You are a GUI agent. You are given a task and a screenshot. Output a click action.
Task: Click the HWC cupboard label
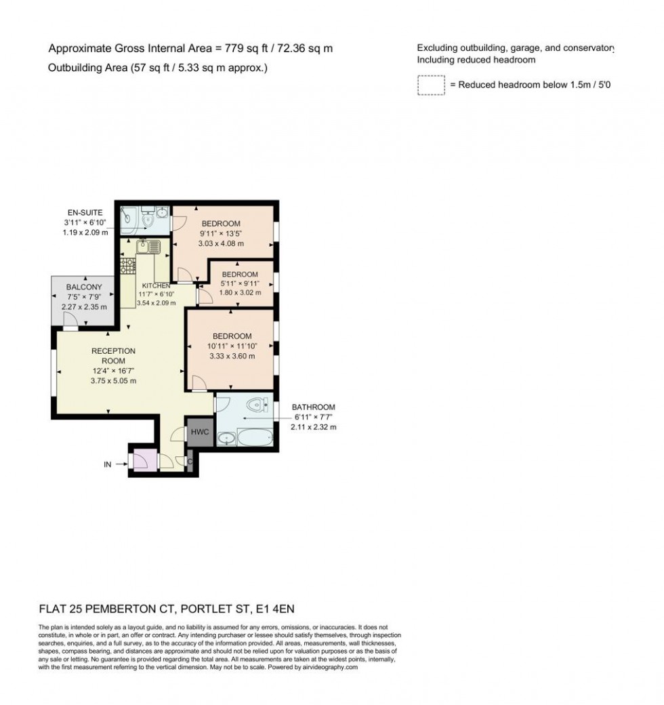coord(200,432)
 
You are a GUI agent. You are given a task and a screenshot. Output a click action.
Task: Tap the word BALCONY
coord(84,287)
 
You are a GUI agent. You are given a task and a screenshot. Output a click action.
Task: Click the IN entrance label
coord(107,464)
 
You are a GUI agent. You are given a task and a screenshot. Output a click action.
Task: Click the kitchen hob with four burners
coord(127,266)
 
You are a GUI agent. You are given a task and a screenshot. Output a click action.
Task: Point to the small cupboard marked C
coord(190,462)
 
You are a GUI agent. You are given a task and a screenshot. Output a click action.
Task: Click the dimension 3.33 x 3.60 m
coord(232,357)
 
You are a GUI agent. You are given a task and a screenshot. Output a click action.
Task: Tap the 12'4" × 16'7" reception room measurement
coord(114,371)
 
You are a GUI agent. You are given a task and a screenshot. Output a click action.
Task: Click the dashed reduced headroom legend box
coord(430,85)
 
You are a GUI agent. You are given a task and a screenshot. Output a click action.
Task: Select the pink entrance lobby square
coord(143,460)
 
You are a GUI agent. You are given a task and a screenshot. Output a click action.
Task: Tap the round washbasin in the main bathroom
coord(226,439)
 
